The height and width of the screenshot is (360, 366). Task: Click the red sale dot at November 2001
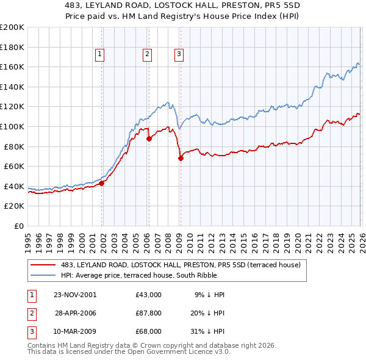tap(102, 183)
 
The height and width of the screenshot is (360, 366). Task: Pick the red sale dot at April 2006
tap(149, 139)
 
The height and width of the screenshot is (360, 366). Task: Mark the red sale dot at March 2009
tap(181, 158)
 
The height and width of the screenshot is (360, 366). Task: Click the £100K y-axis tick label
tap(12, 126)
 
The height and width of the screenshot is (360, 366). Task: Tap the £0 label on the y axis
tap(18, 226)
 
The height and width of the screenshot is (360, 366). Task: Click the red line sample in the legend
tap(43, 265)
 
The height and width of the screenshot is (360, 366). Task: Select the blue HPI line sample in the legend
tap(43, 275)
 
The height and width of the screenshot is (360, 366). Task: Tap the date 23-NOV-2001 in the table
tap(75, 294)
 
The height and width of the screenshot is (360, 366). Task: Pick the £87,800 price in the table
tap(149, 313)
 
